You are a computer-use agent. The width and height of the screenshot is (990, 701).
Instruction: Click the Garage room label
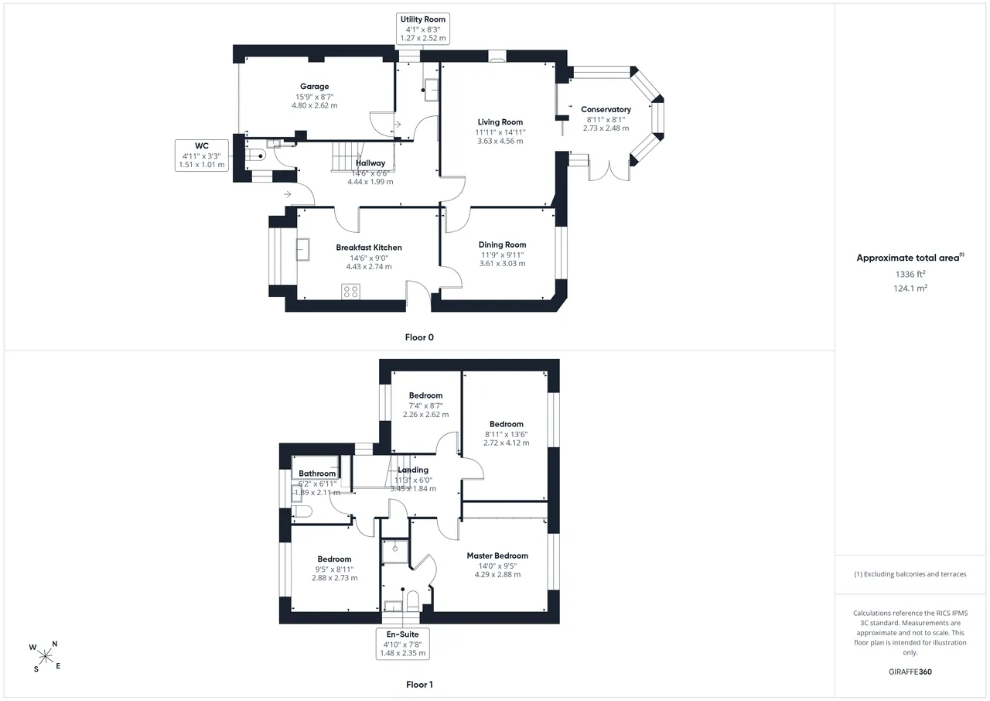(x=314, y=87)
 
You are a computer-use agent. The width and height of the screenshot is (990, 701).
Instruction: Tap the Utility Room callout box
(x=423, y=29)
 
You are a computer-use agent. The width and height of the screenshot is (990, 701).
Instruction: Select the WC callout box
(x=202, y=156)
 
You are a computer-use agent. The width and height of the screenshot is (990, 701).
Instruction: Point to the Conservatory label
(x=606, y=109)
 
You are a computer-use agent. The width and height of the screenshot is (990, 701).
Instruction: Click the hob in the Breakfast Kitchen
(x=350, y=292)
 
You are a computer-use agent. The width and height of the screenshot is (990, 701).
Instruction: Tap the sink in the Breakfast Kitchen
(x=302, y=249)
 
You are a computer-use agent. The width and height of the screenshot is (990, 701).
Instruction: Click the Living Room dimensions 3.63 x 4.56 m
(x=500, y=141)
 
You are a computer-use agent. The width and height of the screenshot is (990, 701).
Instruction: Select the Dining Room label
(x=502, y=244)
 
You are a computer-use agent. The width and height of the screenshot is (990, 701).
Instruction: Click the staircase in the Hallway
(x=347, y=156)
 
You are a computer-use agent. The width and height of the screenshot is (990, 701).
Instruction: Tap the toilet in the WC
(x=255, y=156)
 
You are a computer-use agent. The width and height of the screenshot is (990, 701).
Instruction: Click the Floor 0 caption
(x=419, y=337)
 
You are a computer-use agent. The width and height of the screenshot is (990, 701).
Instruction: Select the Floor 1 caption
(x=419, y=684)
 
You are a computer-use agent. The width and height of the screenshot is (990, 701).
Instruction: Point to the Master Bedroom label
(x=497, y=556)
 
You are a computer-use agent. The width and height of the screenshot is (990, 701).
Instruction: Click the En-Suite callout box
(x=403, y=644)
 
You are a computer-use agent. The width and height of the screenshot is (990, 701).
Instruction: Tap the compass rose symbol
(x=46, y=657)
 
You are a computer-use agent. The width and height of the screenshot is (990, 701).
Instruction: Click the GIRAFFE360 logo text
(x=910, y=672)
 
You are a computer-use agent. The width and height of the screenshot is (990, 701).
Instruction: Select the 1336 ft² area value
(x=910, y=274)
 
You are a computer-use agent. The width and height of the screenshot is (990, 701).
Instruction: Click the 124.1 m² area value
(x=910, y=288)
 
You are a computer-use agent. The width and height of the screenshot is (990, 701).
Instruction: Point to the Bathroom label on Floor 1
(x=317, y=474)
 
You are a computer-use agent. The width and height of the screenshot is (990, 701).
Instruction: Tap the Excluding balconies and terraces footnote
(x=910, y=574)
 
